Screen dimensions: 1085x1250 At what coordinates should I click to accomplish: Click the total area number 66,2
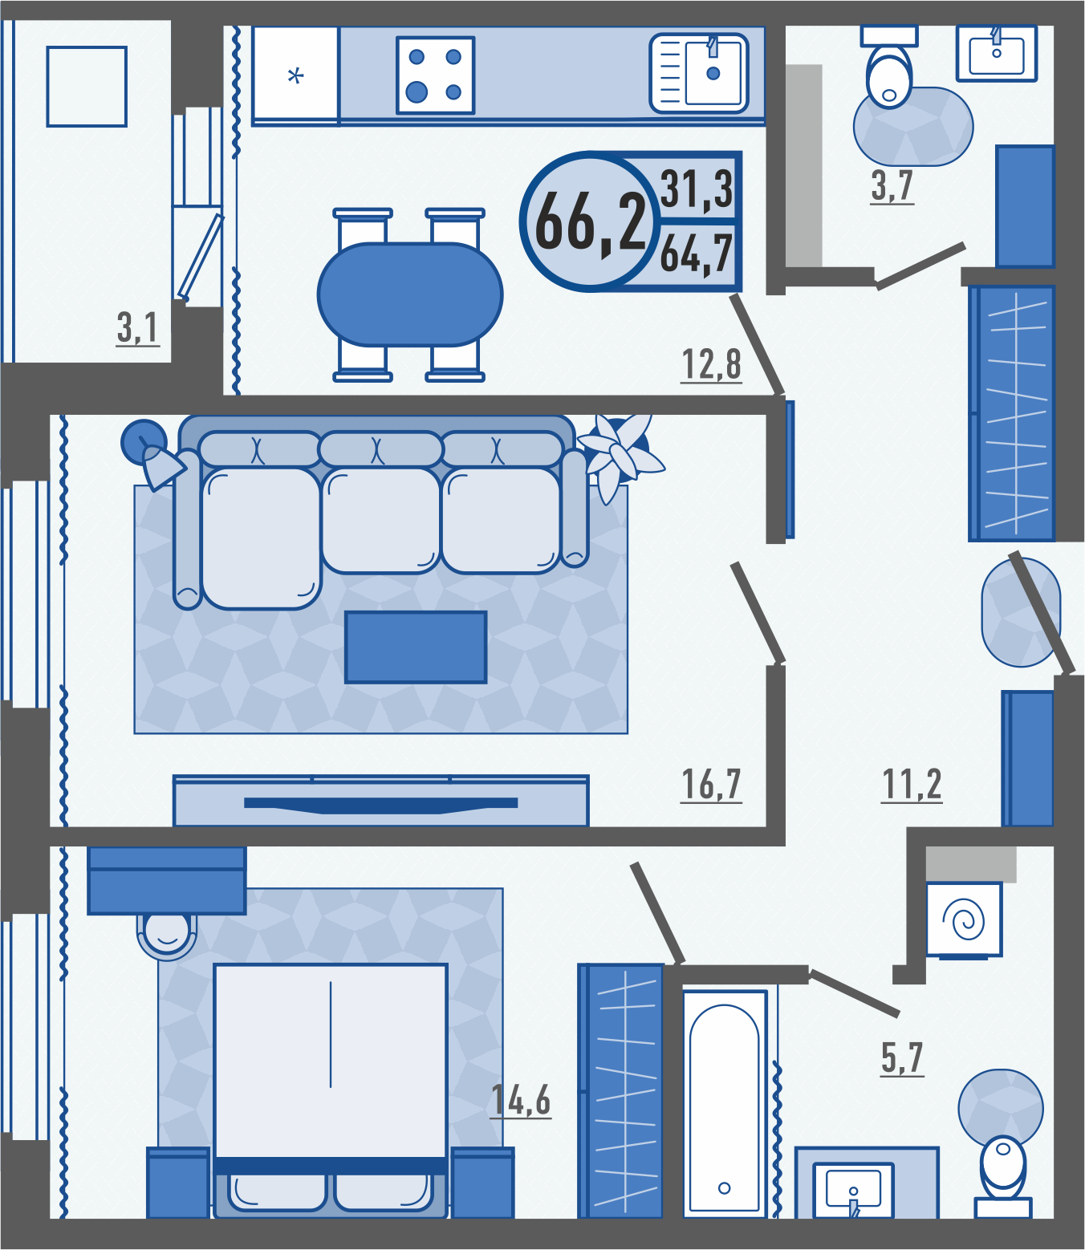pyautogui.click(x=590, y=222)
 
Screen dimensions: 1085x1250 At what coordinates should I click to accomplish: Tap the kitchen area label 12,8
pyautogui.click(x=711, y=365)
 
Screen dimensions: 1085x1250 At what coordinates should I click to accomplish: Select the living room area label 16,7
pyautogui.click(x=711, y=785)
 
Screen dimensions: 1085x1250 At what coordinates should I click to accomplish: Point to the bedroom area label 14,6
pyautogui.click(x=521, y=1101)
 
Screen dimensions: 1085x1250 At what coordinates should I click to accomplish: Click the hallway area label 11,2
pyautogui.click(x=912, y=785)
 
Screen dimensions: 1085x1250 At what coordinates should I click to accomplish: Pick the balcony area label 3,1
pyautogui.click(x=138, y=328)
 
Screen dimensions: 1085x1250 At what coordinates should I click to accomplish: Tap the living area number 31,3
pyautogui.click(x=697, y=189)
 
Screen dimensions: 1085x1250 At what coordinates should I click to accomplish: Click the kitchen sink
pyautogui.click(x=699, y=73)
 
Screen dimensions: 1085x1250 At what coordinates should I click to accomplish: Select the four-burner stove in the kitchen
pyautogui.click(x=436, y=75)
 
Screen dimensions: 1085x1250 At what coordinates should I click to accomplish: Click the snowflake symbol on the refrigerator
pyautogui.click(x=295, y=77)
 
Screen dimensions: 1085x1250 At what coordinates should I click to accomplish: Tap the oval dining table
pyautogui.click(x=410, y=294)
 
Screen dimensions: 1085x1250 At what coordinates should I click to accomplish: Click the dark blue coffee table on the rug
pyautogui.click(x=416, y=647)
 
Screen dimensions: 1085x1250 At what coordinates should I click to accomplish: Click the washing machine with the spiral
pyautogui.click(x=964, y=919)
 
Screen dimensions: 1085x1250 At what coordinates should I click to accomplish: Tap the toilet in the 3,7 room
pyautogui.click(x=889, y=67)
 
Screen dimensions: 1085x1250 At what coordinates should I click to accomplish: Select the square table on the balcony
pyautogui.click(x=87, y=87)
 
